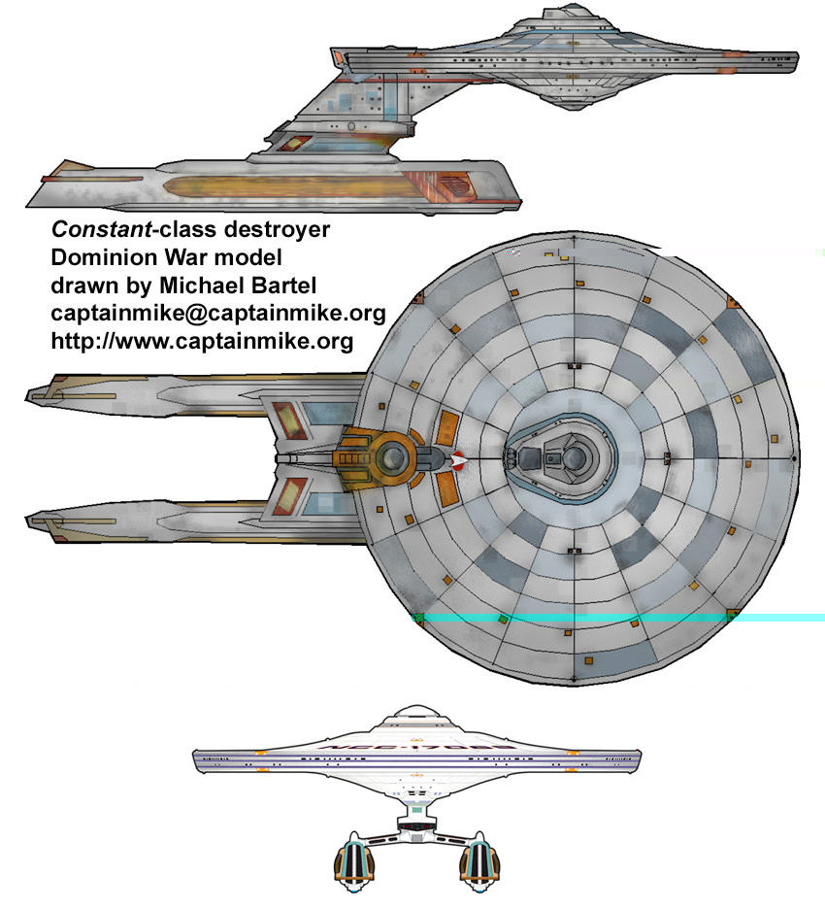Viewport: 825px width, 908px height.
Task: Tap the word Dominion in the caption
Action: pos(96,258)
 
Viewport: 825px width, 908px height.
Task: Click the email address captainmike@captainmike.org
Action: pos(217,315)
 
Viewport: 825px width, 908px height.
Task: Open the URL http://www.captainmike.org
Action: pos(201,343)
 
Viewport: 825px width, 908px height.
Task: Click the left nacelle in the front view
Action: pos(353,860)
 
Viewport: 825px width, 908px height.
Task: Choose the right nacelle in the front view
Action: pos(481,860)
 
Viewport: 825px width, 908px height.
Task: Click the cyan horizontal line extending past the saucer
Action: pos(776,618)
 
